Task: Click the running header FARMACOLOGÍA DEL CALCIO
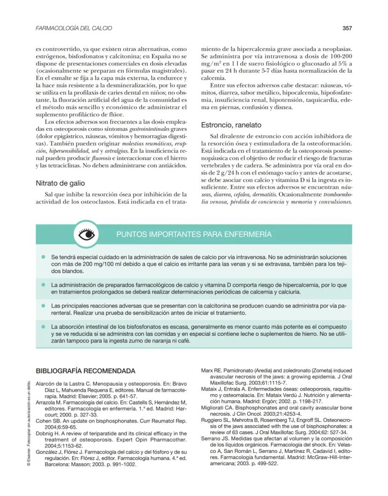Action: coord(74,29)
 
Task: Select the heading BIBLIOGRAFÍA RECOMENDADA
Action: coord(86,370)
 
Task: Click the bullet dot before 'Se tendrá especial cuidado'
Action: coord(43,257)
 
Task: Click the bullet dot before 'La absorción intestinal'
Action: coord(43,326)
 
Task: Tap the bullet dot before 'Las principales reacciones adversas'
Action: coord(43,305)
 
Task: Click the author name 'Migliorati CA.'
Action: coord(222,408)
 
